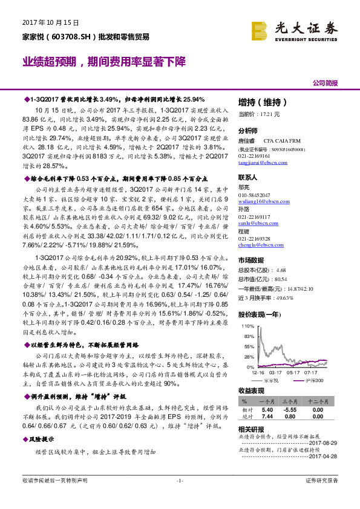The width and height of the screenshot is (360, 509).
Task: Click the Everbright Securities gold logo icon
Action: (x=260, y=30)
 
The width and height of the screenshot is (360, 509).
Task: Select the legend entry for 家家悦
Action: (x=276, y=380)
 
